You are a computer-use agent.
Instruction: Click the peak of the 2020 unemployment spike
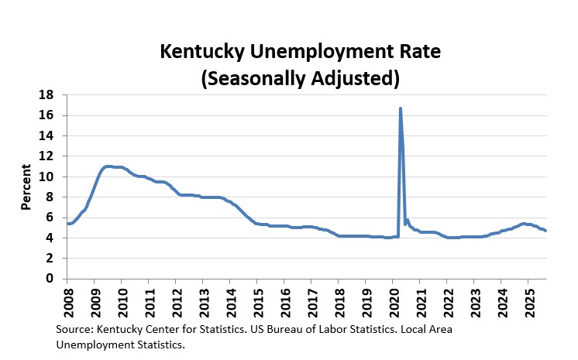tap(401, 108)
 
